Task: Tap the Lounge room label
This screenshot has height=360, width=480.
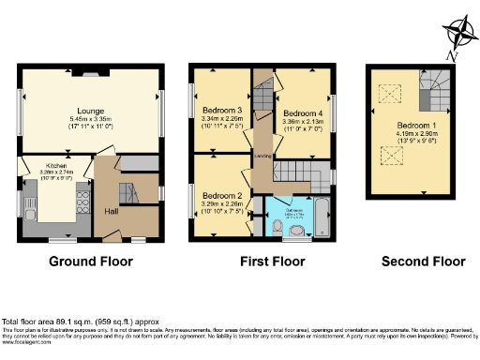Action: point(90,110)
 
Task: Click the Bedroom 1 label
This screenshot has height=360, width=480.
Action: point(413,125)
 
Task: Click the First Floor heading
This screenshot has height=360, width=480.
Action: point(262,262)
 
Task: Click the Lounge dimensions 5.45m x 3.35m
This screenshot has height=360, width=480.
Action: point(90,119)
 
